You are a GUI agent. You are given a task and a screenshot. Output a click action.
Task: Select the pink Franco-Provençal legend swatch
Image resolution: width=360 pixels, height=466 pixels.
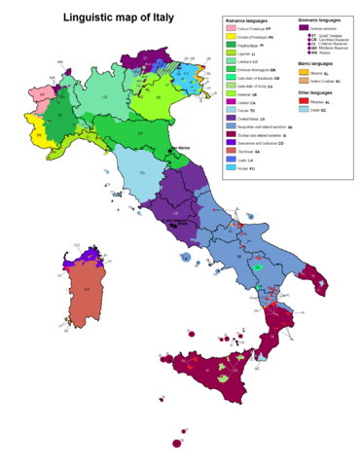tap(232, 30)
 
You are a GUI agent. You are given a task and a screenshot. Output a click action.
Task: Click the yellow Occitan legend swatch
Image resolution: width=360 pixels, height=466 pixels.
tap(232, 38)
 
